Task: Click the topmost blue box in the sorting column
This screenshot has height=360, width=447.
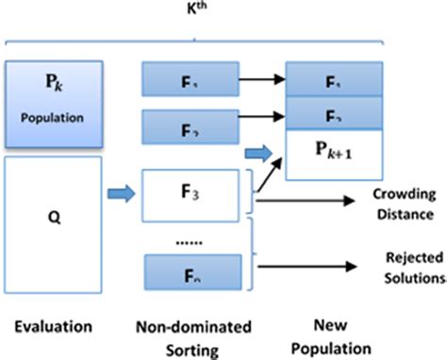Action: coord(193,79)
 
